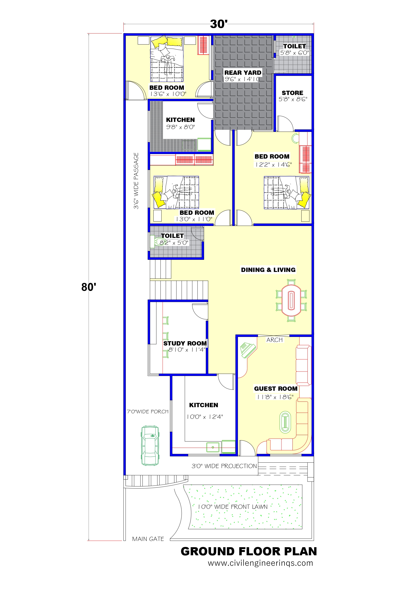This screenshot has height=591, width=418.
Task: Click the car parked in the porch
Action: [150, 446]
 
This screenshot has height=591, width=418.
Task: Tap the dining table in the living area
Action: [291, 301]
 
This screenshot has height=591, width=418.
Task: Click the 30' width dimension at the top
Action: [219, 24]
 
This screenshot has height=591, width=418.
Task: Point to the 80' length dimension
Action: [89, 287]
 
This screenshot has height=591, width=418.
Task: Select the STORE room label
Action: [292, 93]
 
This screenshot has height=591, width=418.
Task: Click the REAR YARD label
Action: [243, 73]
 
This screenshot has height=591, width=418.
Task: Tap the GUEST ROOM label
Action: [276, 388]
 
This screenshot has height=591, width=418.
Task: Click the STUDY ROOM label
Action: [185, 343]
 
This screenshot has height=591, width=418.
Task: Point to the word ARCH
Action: [275, 340]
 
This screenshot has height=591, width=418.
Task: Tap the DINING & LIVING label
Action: [268, 270]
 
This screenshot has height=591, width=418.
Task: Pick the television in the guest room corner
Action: [247, 350]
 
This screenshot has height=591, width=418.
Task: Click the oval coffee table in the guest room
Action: [285, 422]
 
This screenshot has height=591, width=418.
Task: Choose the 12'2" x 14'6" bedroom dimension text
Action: [273, 165]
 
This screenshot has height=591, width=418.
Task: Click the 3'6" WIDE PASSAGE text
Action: [136, 181]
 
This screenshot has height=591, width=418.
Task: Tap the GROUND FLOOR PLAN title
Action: [249, 551]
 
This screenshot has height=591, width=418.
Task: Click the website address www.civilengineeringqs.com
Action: [260, 563]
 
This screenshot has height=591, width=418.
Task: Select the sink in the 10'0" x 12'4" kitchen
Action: [213, 447]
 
